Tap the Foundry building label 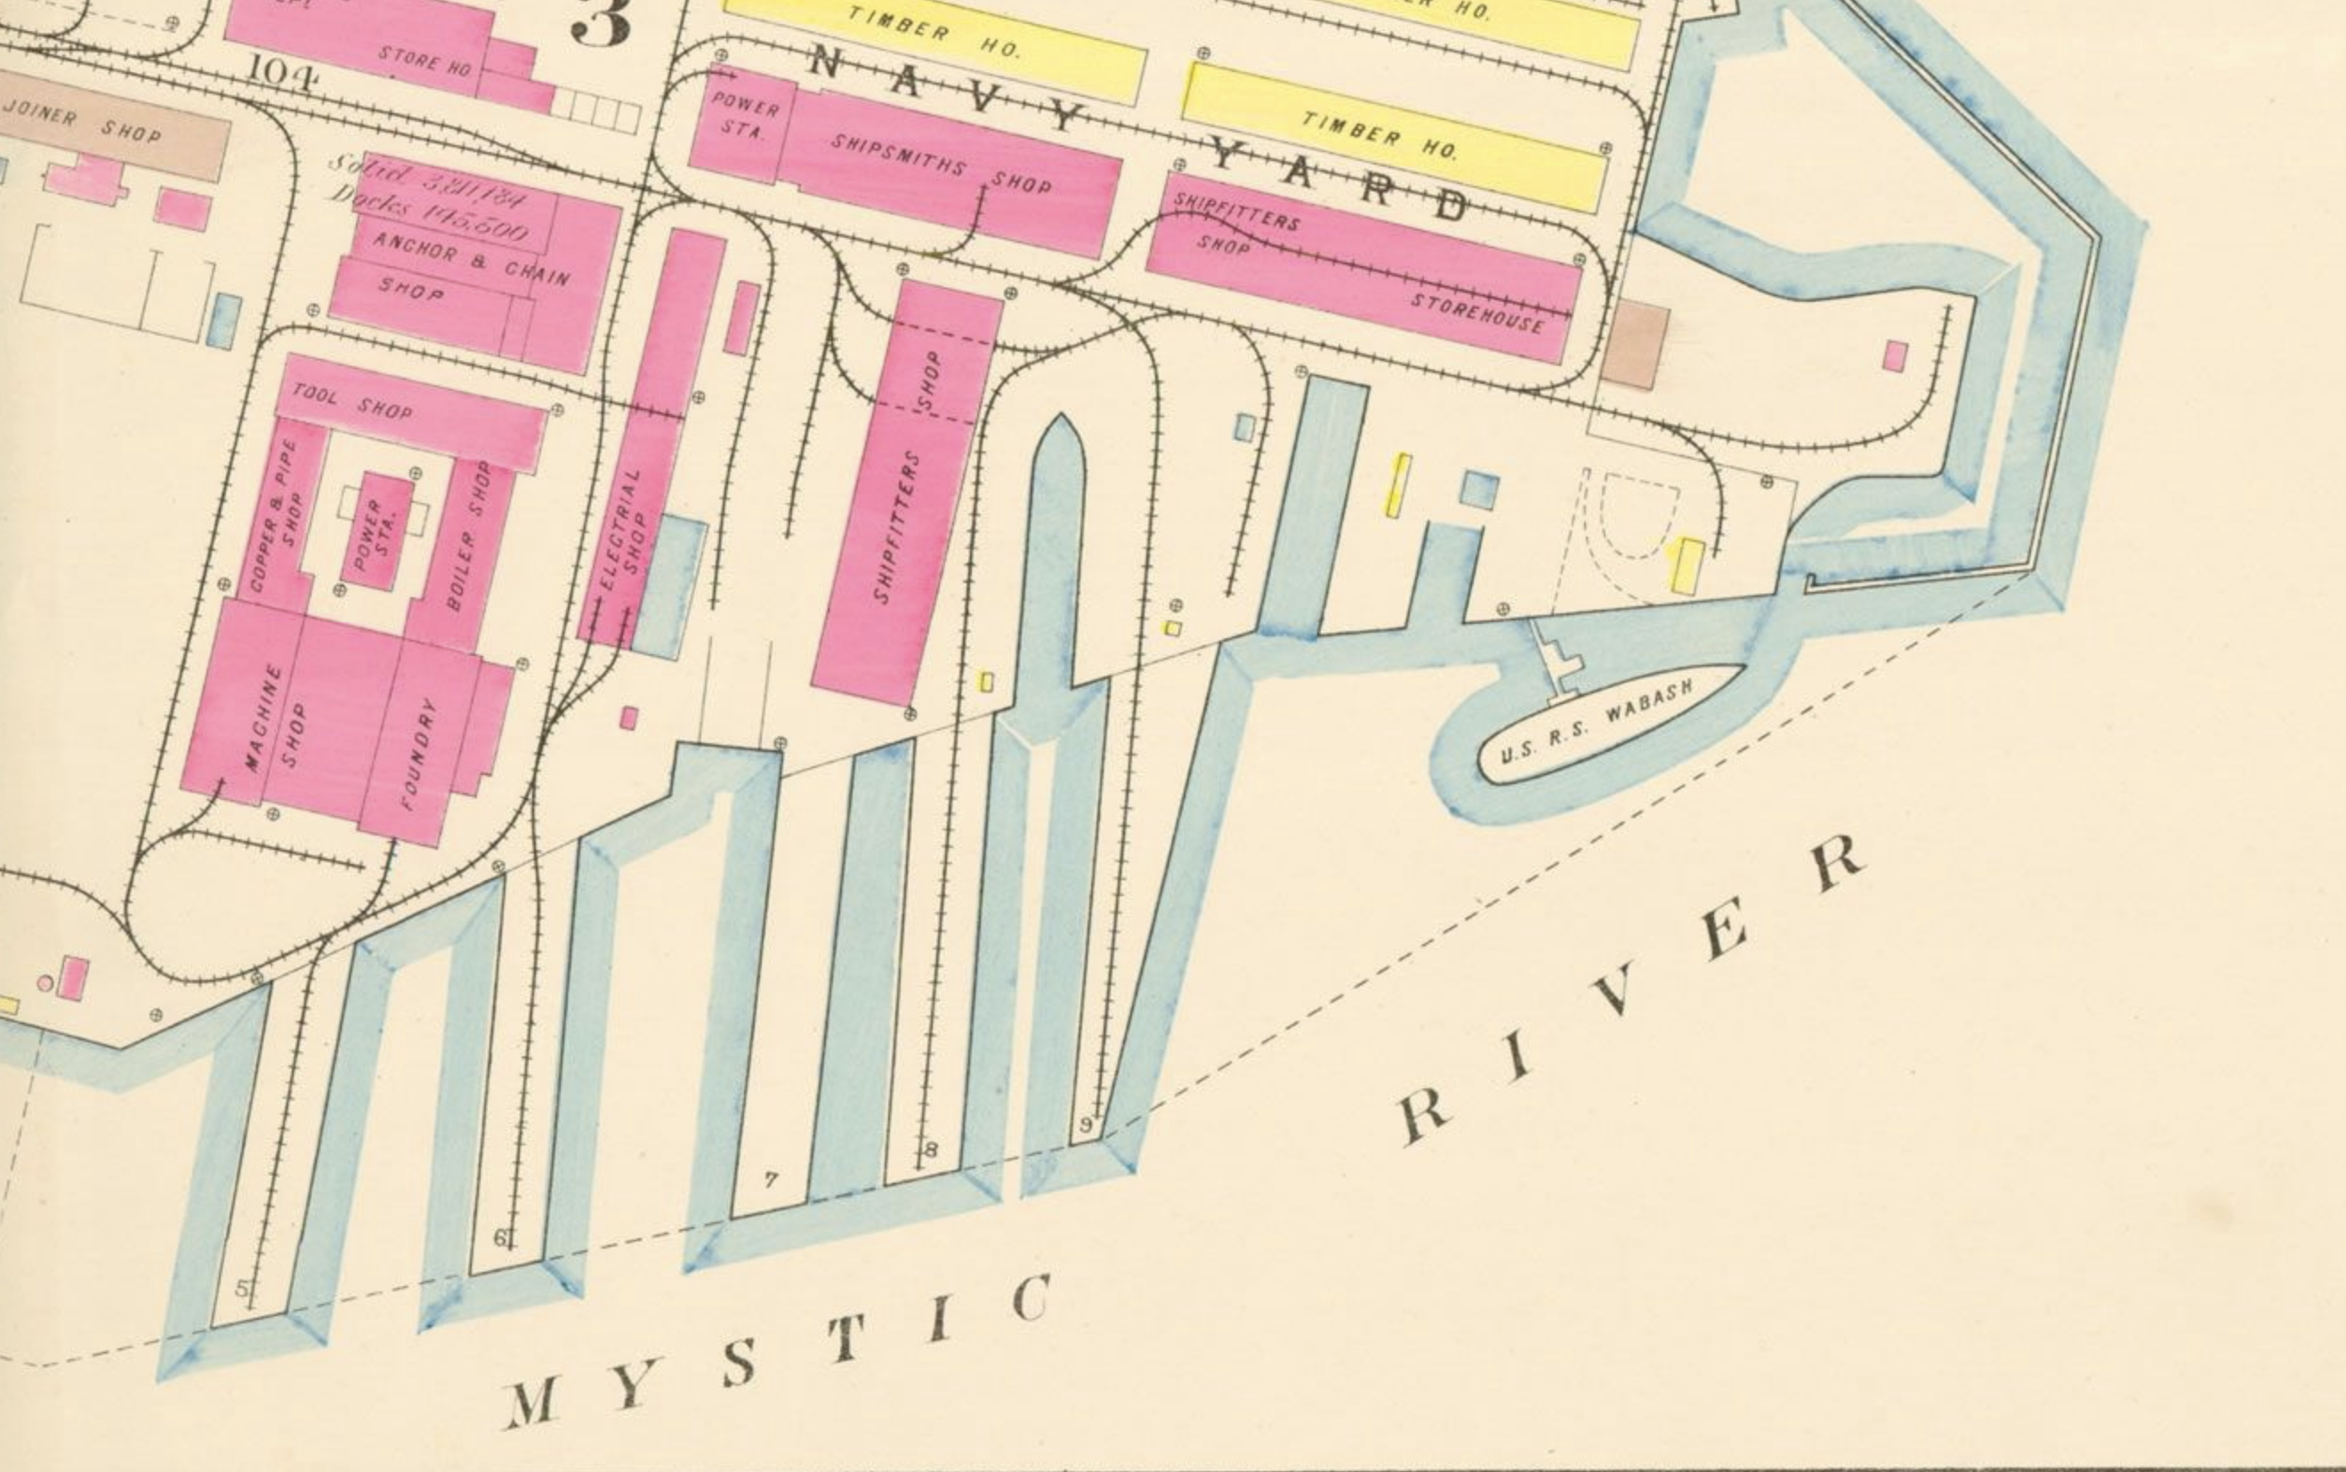tap(419, 754)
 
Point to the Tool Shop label tap(352, 402)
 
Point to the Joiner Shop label tap(82, 123)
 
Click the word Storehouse tap(1476, 311)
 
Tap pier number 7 tap(771, 1180)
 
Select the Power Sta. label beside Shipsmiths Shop tap(745, 115)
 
